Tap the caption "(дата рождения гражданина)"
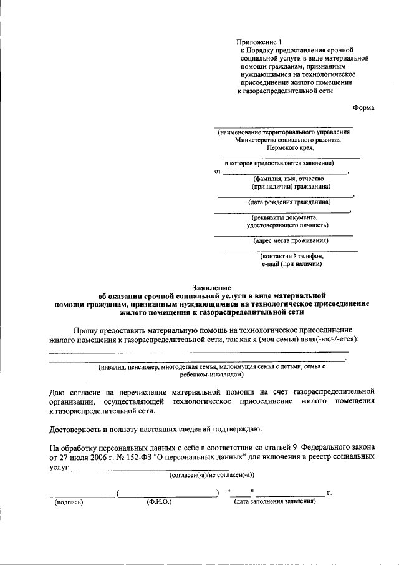pos(289,202)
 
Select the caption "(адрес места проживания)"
pos(291,240)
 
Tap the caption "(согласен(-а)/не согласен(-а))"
pos(212,474)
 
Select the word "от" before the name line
pos(218,171)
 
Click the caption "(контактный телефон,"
pos(292,255)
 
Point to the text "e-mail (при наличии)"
pos(292,263)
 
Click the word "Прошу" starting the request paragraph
pos(85,329)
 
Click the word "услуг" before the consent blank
pos(59,466)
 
